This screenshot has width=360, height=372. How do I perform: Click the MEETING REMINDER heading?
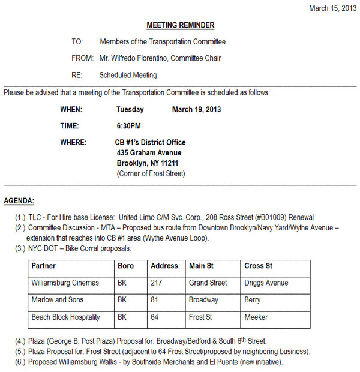(180, 25)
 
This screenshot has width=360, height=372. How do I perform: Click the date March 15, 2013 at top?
(332, 8)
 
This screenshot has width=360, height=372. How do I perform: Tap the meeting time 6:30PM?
(128, 126)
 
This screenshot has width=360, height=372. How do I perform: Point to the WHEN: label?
(71, 110)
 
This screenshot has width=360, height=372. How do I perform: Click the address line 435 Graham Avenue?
(149, 153)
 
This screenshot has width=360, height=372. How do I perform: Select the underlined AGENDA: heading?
(19, 200)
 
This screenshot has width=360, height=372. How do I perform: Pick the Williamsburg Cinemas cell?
(65, 283)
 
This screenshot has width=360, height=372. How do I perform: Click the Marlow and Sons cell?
(57, 299)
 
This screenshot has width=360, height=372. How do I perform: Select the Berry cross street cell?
(252, 299)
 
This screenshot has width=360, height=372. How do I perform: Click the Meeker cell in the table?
(256, 317)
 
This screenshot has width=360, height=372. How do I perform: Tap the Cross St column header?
(258, 266)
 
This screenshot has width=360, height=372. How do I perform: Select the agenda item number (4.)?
(21, 341)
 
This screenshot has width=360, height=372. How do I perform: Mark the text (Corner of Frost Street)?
(151, 173)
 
